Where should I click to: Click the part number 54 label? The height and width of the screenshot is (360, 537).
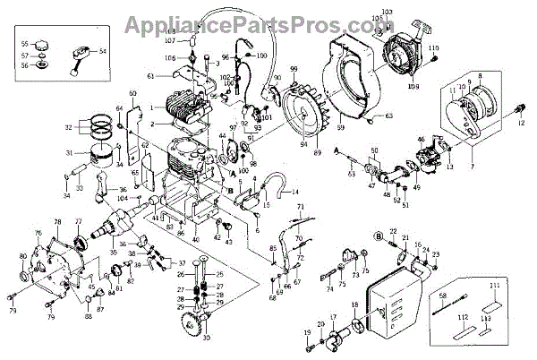tap(103, 52)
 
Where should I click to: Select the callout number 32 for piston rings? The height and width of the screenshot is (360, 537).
tap(70, 128)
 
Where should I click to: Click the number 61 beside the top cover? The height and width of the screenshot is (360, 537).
tap(151, 75)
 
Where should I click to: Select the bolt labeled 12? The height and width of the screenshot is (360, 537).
tap(519, 108)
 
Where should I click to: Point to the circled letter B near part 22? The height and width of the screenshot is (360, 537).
tap(355, 235)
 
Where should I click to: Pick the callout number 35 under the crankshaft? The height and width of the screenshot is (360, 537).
tap(113, 253)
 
